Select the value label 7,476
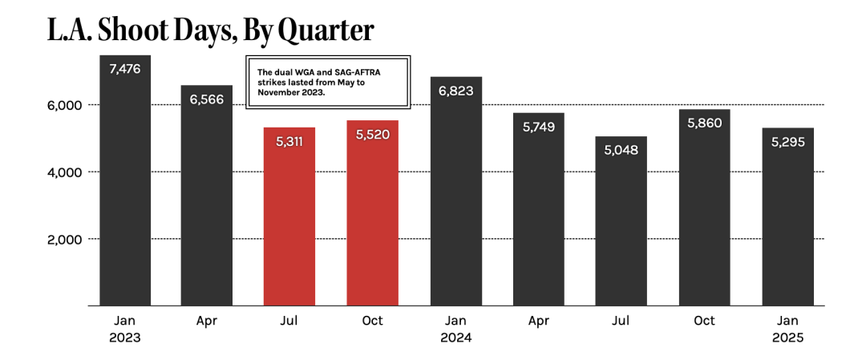[124, 69]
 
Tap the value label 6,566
[207, 99]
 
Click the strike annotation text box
[327, 83]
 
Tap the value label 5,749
[539, 127]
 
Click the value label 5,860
[705, 123]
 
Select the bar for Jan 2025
[788, 224]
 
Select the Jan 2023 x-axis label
[124, 329]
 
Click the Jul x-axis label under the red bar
[289, 321]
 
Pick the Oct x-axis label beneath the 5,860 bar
[705, 321]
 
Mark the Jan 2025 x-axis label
[788, 329]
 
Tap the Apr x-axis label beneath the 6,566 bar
[207, 321]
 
